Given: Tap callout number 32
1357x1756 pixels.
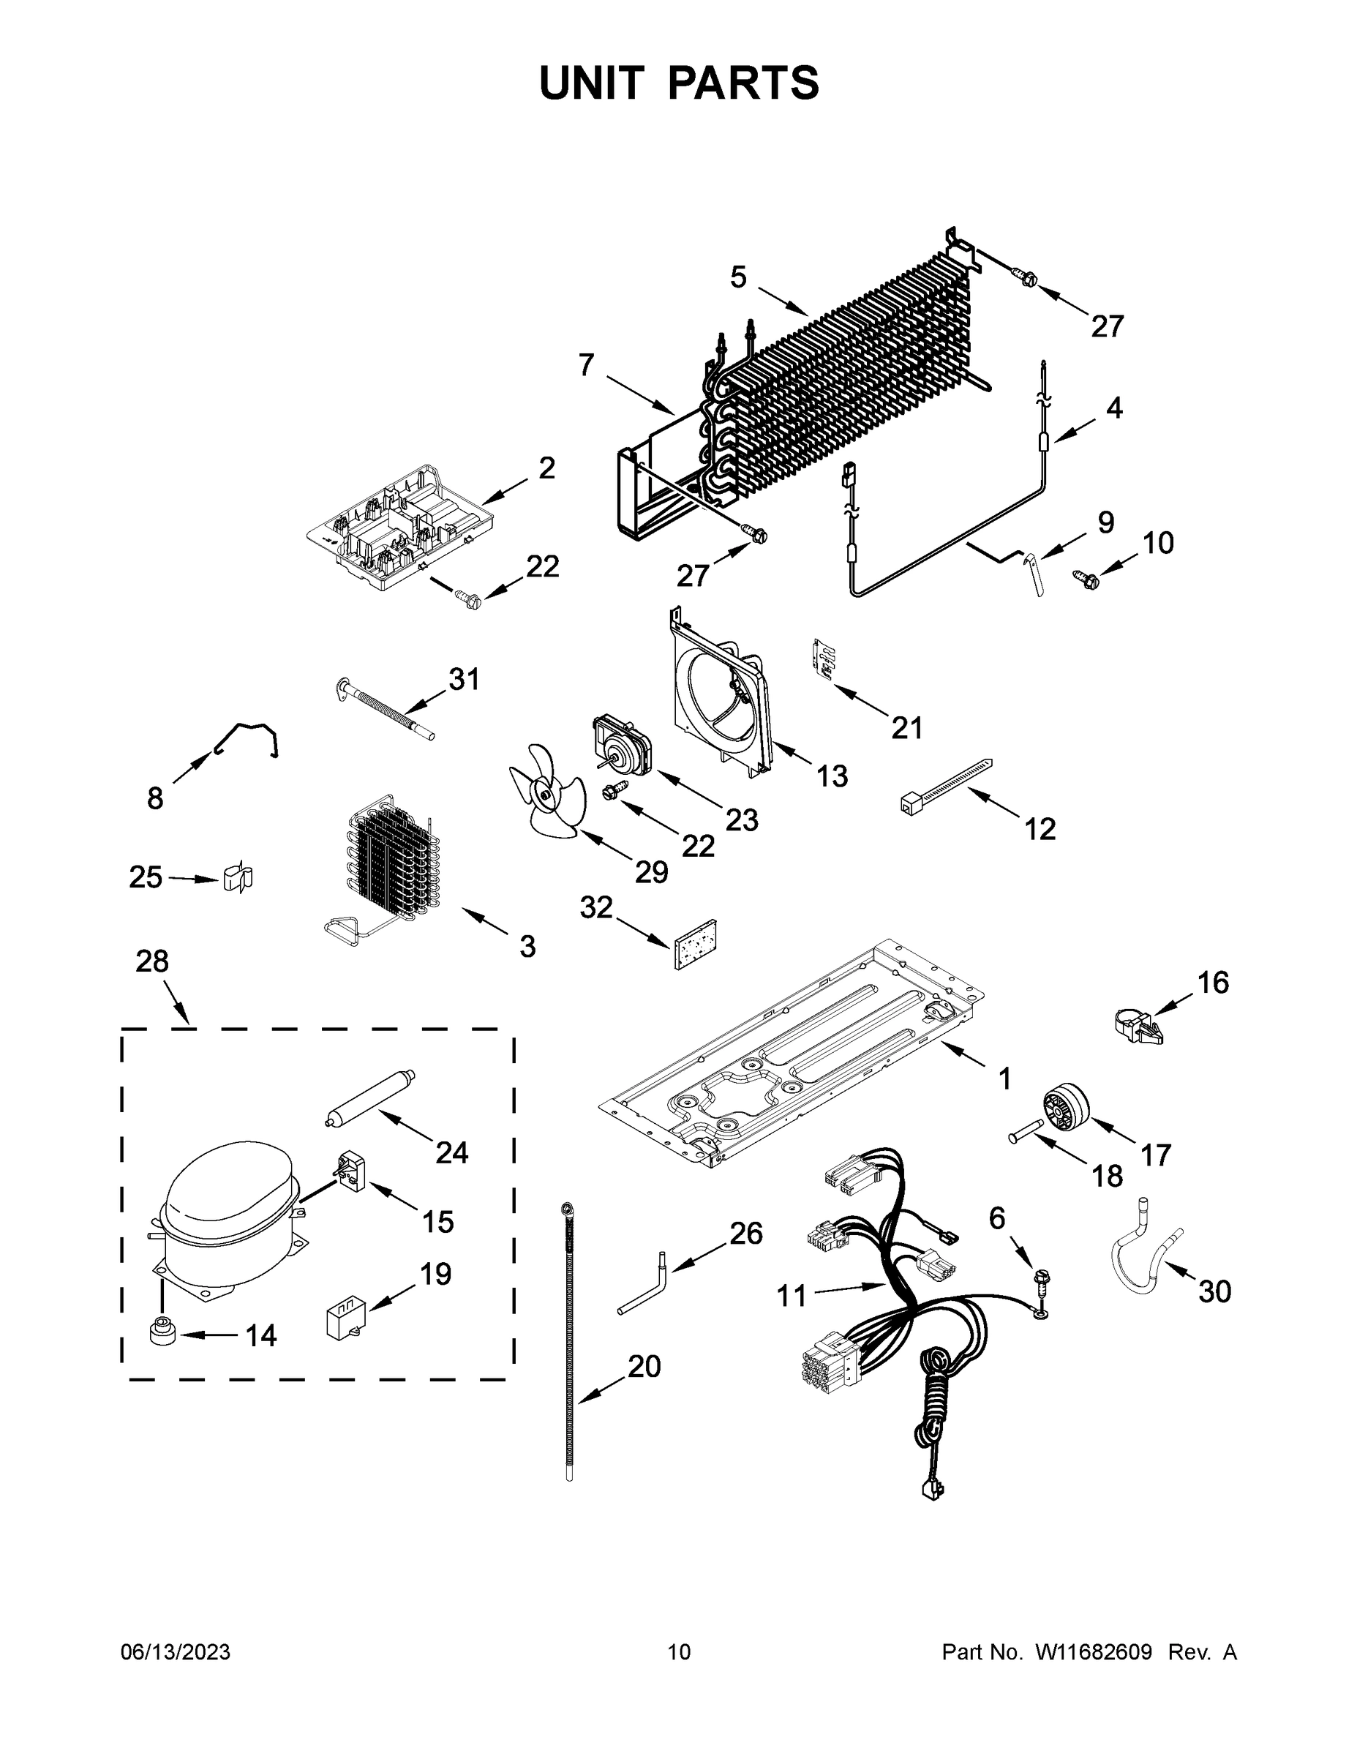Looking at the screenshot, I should (596, 907).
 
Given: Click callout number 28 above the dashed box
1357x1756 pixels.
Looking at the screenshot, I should (152, 961).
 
